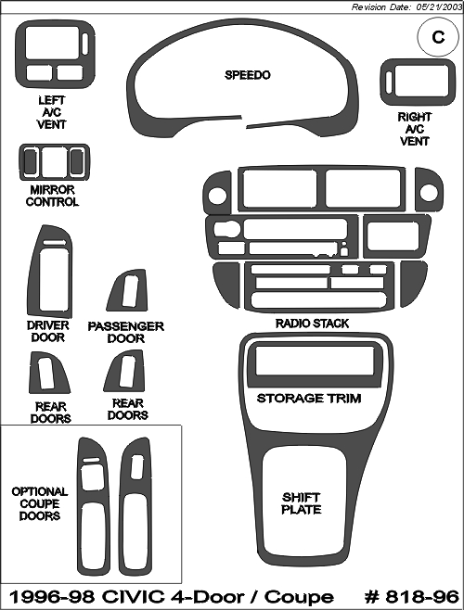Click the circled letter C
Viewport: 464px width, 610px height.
(438, 37)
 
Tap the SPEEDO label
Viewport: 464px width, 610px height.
(248, 75)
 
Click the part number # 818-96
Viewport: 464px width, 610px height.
(412, 596)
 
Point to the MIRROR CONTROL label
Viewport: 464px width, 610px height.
(52, 196)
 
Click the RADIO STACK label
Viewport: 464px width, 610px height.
(312, 324)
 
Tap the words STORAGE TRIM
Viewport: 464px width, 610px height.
(309, 399)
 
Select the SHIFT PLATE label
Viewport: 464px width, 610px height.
(302, 503)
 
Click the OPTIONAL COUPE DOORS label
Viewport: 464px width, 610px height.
(40, 503)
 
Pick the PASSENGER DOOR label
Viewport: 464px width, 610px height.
(126, 332)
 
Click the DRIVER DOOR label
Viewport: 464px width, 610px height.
(48, 331)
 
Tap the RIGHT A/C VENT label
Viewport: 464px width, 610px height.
(415, 129)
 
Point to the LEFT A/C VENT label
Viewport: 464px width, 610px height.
(52, 112)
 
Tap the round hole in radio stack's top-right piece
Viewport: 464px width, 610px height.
(429, 192)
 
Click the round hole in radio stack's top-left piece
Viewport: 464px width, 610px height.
(217, 196)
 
